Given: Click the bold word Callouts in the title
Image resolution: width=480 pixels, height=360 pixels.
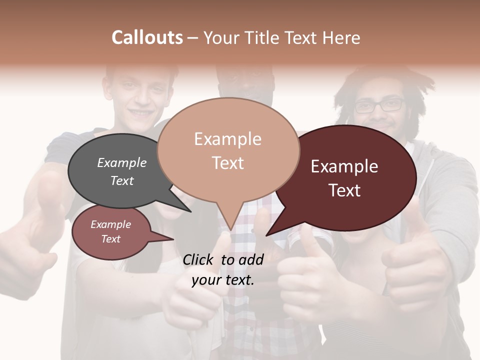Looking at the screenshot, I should (147, 37).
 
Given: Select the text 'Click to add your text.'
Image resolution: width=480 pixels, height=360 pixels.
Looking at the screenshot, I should (223, 269).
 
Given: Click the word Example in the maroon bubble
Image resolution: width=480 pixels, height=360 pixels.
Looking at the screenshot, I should (344, 166).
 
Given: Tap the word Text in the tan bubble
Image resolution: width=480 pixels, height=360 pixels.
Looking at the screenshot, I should (228, 162).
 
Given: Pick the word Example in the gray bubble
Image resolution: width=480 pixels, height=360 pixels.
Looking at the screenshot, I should (121, 162).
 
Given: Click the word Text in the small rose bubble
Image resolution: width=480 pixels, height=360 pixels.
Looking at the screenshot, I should (110, 239).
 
